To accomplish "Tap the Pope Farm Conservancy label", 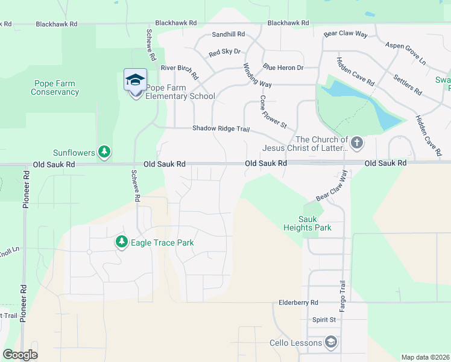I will tap(55, 87).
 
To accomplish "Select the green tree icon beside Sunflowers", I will tap(105, 151).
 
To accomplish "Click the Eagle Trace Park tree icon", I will tap(122, 242).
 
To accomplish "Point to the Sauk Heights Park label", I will tap(307, 223).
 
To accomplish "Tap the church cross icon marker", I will tap(357, 143).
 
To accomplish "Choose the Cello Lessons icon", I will tap(330, 343).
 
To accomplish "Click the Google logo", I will tap(20, 355).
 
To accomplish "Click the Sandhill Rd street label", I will tap(229, 34).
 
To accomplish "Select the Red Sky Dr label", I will tap(224, 53).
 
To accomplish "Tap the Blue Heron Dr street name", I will tap(283, 68).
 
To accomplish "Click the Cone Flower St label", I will tap(273, 112).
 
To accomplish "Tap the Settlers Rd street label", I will tap(408, 84).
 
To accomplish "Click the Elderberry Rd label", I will tap(298, 302).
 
